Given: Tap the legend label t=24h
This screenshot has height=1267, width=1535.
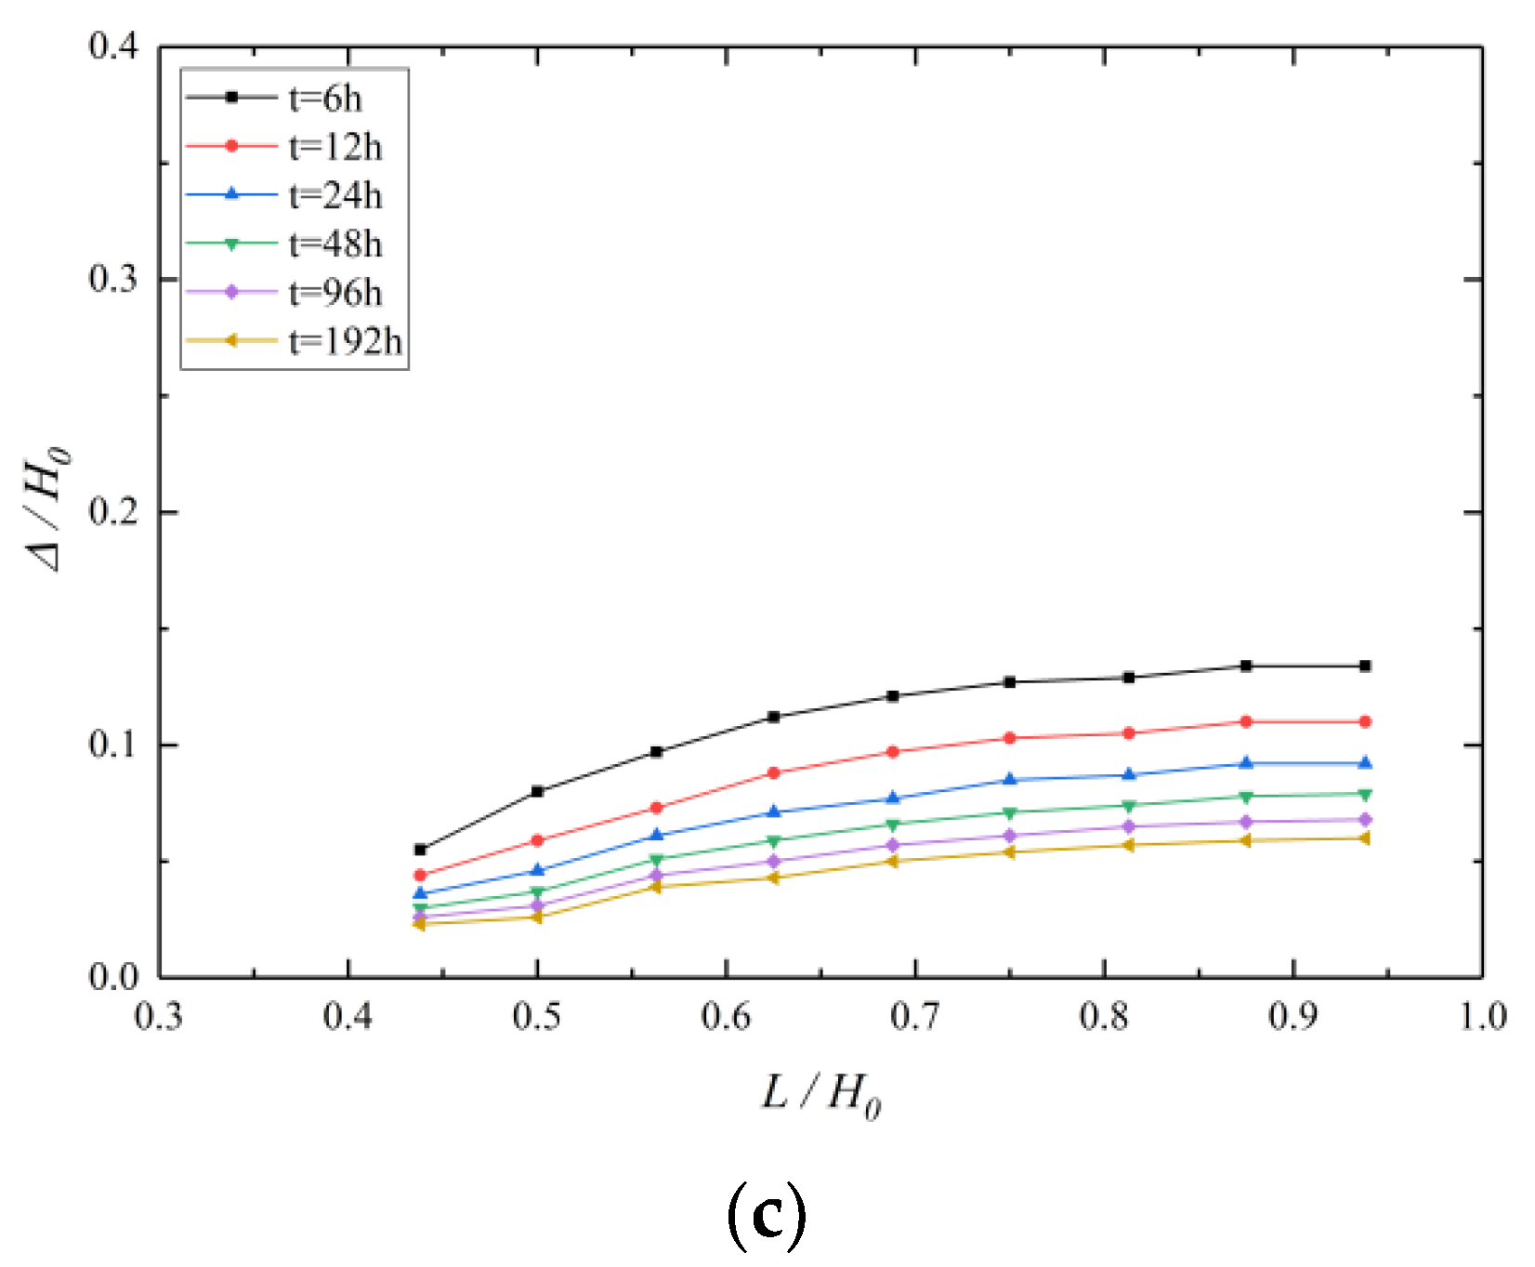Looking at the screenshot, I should click(x=335, y=195).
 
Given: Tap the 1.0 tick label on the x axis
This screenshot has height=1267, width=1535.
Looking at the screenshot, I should click(x=1481, y=1016).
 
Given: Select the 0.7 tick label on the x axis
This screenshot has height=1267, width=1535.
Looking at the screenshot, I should click(x=915, y=1016).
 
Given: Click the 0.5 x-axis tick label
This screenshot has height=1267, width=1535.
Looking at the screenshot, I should click(x=537, y=1016).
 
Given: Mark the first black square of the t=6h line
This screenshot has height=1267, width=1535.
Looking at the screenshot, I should click(x=420, y=850).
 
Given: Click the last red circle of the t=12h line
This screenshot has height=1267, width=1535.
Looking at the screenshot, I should click(x=1365, y=721).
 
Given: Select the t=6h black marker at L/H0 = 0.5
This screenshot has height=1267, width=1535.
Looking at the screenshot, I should click(x=537, y=791).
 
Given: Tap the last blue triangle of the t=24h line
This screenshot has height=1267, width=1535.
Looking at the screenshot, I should click(x=1365, y=763).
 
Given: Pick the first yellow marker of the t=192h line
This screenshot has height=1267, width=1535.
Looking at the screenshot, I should click(x=419, y=923).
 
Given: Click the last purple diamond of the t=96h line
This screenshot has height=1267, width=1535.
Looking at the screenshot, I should click(x=1365, y=820).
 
